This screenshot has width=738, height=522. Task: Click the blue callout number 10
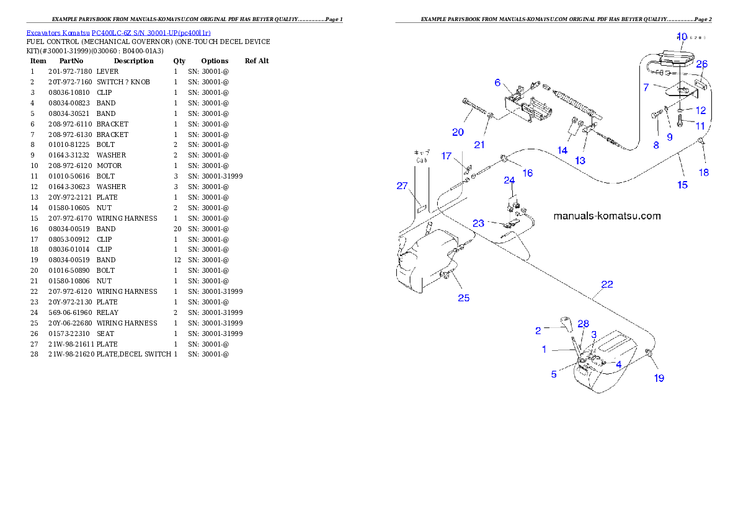coord(682,37)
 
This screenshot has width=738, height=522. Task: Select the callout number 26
coord(701,64)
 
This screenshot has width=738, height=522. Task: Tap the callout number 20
coord(458,132)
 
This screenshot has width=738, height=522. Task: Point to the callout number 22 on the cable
coord(607,285)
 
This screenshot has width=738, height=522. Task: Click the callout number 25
coord(463,298)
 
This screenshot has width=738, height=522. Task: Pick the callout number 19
coord(659,378)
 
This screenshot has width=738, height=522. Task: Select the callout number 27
coord(402,185)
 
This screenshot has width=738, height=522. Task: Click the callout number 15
coord(682,185)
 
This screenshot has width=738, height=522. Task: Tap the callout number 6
coord(497,82)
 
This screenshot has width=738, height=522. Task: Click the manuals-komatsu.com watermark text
coord(607,216)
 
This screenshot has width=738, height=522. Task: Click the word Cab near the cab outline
coord(422,160)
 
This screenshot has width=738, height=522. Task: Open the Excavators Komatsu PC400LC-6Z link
coord(118,32)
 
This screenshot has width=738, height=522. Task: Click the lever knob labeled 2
coord(565,323)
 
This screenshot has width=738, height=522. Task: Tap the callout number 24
coord(509,180)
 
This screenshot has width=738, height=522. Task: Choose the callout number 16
coord(527,174)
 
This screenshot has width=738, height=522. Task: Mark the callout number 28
coord(583,324)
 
